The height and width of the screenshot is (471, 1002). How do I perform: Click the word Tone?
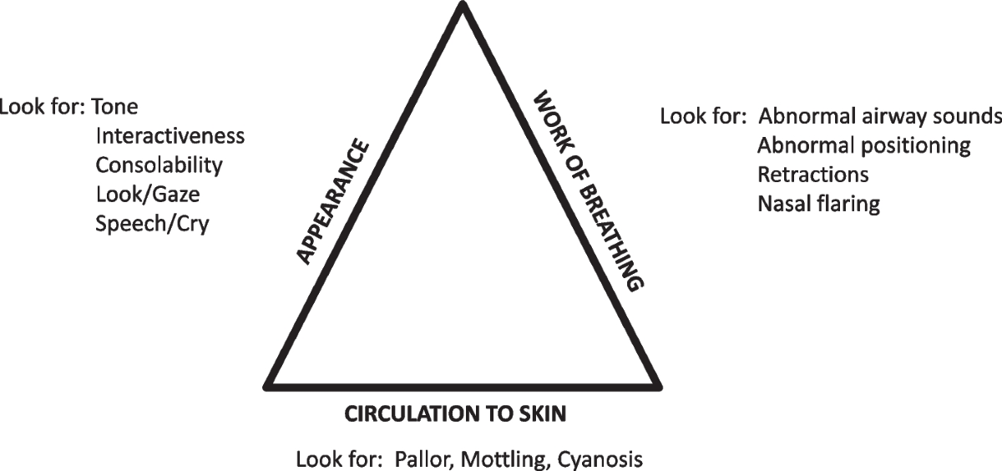(114, 107)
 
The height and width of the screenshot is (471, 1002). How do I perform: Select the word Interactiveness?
(170, 136)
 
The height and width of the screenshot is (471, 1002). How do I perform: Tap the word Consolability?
(159, 165)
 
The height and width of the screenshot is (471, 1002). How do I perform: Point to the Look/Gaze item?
(148, 194)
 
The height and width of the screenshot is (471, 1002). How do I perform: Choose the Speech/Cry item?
(152, 223)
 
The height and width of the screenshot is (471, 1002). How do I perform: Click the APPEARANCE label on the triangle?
(333, 203)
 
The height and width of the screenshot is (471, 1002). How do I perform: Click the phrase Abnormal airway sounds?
(879, 116)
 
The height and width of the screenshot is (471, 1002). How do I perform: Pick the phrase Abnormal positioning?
(864, 146)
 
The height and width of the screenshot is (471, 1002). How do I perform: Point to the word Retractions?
(813, 175)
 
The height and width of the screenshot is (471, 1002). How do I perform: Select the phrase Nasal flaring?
(818, 204)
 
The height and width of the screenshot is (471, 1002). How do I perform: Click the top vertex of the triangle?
(462, 6)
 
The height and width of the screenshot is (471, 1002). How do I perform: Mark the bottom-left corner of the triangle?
(267, 386)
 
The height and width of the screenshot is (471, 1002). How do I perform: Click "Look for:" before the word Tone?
(42, 107)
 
